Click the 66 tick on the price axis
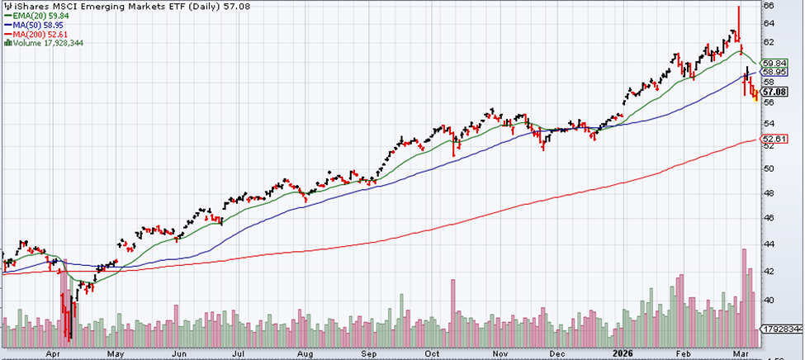768,5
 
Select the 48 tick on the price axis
768,193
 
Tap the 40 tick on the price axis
768,301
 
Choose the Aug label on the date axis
303,353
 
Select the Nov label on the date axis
491,353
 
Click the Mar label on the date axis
740,353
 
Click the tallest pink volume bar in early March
744,297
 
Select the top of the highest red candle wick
738,7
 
